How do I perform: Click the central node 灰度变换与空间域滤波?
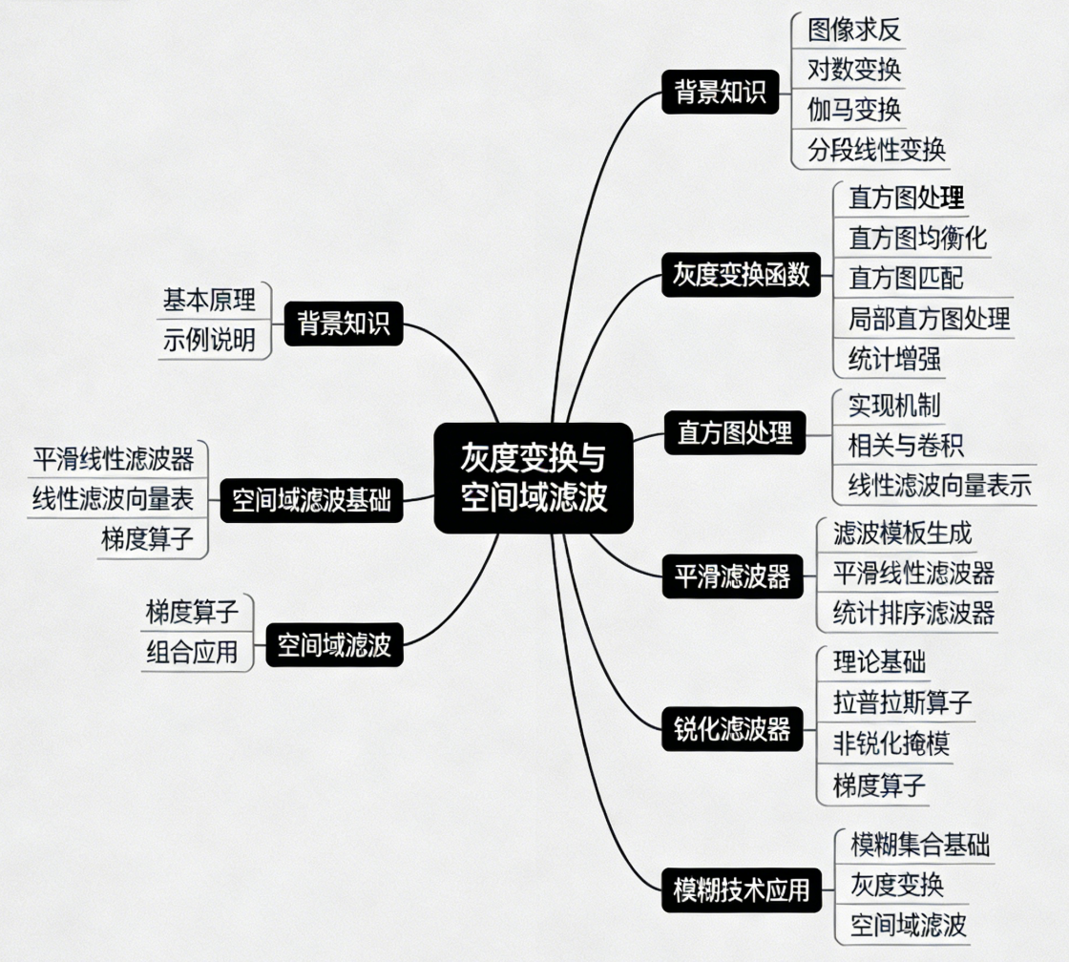pos(534,477)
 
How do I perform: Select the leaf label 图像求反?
pos(853,30)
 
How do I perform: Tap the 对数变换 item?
pos(853,70)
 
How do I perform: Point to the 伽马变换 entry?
pos(853,109)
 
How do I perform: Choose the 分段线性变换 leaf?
pos(876,149)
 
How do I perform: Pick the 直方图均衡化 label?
pos(917,237)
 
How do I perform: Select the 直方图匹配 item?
pos(906,278)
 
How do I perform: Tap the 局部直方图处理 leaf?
pos(929,318)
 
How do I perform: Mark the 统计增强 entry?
pos(894,359)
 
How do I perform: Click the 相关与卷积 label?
pos(906,445)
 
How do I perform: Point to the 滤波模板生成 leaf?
pos(902,533)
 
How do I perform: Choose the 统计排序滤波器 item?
pos(913,612)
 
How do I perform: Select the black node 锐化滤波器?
pos(733,730)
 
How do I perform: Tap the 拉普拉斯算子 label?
pos(902,703)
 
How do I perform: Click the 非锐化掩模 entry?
pos(891,743)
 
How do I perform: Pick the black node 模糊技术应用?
pos(741,890)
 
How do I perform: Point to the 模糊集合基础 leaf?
pos(919,845)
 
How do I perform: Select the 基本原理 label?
pos(209,301)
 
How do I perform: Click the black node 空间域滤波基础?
pos(311,501)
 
